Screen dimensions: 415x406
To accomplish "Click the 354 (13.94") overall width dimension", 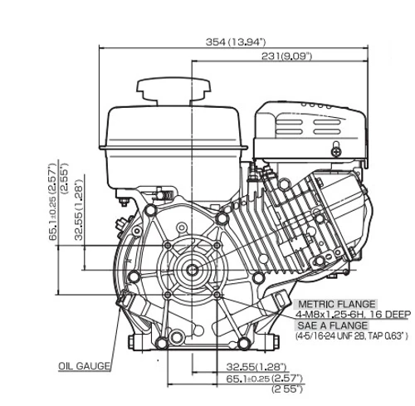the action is click(x=236, y=42).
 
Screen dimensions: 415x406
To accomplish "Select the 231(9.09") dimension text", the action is click(x=286, y=56).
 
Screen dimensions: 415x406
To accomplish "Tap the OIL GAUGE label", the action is click(x=85, y=366).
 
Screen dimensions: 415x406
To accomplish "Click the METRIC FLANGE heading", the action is click(x=337, y=305).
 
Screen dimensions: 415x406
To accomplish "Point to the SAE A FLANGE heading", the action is click(x=332, y=325).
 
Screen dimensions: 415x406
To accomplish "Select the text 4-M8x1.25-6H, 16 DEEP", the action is click(x=353, y=315).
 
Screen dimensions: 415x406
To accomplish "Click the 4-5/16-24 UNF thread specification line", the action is click(x=352, y=336).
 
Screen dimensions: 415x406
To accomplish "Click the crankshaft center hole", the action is click(x=192, y=270).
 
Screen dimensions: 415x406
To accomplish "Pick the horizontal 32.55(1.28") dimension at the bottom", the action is click(x=256, y=367).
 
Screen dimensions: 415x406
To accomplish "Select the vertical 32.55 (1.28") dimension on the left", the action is click(x=79, y=209).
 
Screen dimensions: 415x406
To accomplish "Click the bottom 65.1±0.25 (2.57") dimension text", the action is click(x=264, y=379).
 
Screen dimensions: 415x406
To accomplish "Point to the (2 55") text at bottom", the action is click(x=286, y=389).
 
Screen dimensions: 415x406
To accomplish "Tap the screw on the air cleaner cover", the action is click(x=336, y=151).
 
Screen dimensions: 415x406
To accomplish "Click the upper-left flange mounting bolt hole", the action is click(x=168, y=245).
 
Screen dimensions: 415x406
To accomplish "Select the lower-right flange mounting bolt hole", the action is click(x=217, y=295).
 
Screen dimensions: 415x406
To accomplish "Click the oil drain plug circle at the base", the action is click(x=176, y=337).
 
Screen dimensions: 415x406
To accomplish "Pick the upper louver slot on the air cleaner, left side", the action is click(x=290, y=122).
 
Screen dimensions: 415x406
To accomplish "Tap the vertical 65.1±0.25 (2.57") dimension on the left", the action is click(x=52, y=202).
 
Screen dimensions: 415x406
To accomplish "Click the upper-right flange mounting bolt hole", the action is click(x=217, y=245).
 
